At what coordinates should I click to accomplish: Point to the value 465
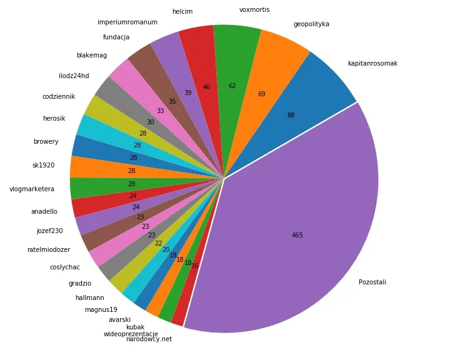point(297,235)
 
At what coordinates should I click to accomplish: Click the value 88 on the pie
point(291,115)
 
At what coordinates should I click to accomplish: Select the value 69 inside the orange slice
point(261,94)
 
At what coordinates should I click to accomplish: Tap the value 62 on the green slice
point(232,86)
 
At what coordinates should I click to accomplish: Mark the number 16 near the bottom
point(195,266)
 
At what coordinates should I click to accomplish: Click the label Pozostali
point(372,282)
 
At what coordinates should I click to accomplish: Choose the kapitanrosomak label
point(372,63)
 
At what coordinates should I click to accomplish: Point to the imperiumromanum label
point(127,22)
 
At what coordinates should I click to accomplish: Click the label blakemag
point(92,55)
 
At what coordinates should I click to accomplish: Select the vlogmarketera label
point(32,189)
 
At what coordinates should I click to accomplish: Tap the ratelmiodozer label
point(49,249)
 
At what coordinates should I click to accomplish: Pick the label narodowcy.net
point(149,339)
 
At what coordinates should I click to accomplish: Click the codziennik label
point(59,96)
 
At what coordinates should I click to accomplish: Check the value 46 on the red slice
point(206,87)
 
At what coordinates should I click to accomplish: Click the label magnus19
point(101,309)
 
